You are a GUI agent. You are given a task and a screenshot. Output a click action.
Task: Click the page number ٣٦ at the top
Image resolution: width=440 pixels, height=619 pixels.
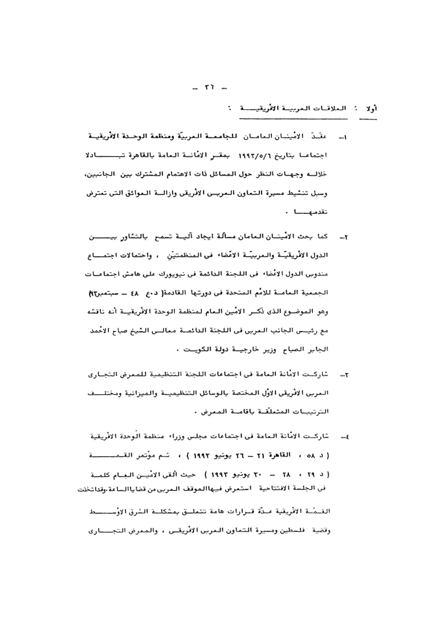[209, 88]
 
